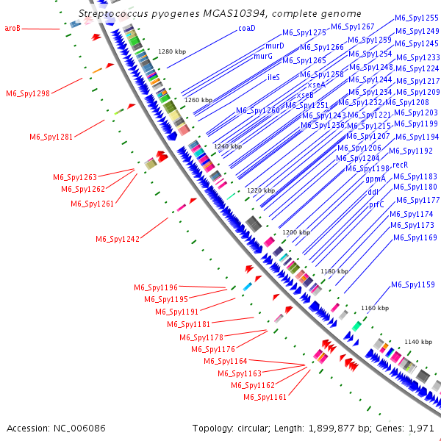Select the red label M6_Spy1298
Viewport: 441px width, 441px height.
pos(28,93)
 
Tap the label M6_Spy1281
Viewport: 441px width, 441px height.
pos(51,137)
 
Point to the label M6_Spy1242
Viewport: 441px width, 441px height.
pos(117,239)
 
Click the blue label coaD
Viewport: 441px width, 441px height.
pos(246,28)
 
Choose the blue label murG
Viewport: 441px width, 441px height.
pos(262,56)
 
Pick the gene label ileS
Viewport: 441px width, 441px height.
pos(273,77)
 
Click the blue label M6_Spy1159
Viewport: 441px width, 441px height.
pos(412,284)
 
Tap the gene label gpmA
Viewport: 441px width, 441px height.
pos(376,179)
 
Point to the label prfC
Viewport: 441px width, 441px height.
pos(376,205)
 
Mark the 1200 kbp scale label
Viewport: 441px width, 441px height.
pos(296,232)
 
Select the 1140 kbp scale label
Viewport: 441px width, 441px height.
pos(418,343)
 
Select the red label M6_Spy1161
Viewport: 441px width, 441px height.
pos(265,397)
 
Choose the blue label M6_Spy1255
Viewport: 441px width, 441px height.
pos(417,18)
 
